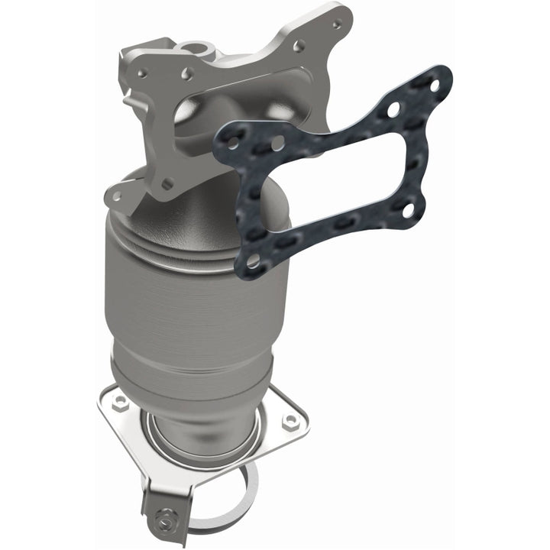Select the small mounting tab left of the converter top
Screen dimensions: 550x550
pyautogui.click(x=116, y=196)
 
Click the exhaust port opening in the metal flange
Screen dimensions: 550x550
pyautogui.click(x=191, y=115)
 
